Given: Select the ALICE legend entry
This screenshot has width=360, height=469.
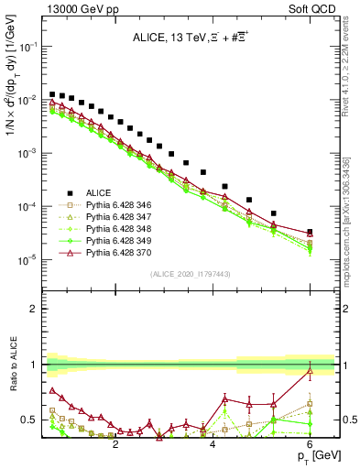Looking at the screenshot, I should point(98,192).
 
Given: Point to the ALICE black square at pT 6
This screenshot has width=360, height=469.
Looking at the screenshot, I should point(310,232).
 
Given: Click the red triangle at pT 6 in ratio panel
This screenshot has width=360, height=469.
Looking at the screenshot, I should point(310,369).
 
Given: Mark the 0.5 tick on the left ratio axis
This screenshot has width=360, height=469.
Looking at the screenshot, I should point(29,420).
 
